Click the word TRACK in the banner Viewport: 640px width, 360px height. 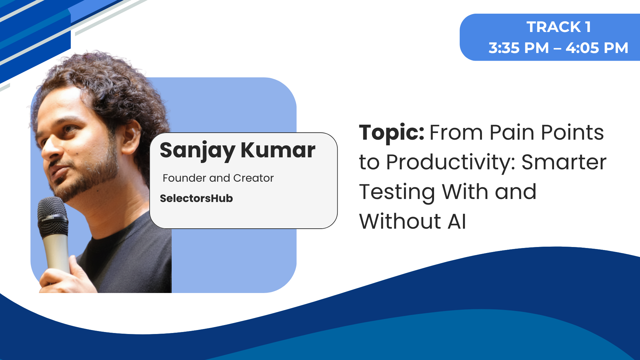click(x=554, y=27)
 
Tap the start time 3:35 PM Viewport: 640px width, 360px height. click(x=519, y=48)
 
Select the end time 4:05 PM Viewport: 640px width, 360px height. click(x=597, y=48)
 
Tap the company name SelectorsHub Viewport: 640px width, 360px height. click(x=196, y=198)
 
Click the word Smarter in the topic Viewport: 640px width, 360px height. click(x=564, y=162)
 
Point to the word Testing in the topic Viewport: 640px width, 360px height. click(x=397, y=193)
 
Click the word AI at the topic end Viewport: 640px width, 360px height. click(x=457, y=222)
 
